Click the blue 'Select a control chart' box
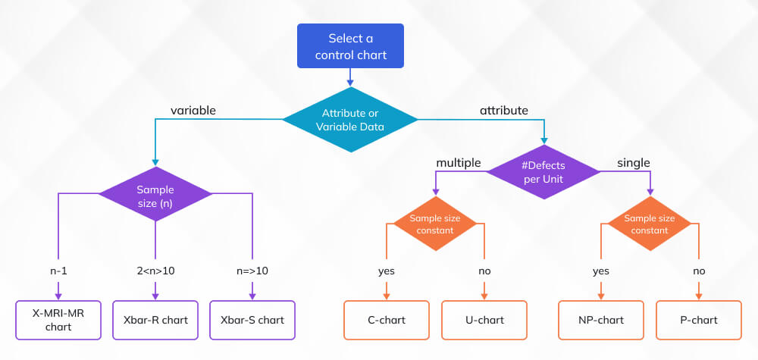tap(350, 45)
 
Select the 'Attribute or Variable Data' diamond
tap(350, 119)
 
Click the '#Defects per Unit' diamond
tap(543, 172)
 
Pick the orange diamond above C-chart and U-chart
tap(435, 224)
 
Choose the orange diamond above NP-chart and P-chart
tap(650, 224)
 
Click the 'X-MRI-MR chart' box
tap(58, 320)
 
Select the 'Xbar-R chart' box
tap(155, 320)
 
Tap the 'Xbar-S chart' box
tap(252, 320)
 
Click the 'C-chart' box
tap(387, 320)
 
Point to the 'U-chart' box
tap(484, 320)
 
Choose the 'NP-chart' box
tap(601, 320)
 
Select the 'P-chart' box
tap(698, 320)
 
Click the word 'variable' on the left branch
tap(193, 111)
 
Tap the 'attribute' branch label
tap(503, 111)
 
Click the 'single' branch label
tap(634, 163)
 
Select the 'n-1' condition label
tap(58, 271)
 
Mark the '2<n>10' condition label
tap(155, 271)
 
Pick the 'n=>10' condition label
tap(252, 271)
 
